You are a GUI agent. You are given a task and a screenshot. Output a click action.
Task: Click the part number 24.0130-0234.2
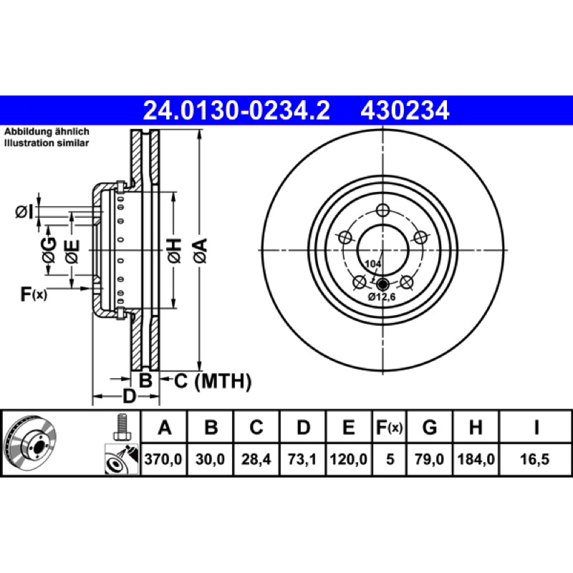click(236, 111)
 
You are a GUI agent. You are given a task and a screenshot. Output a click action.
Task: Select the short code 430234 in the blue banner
click(405, 111)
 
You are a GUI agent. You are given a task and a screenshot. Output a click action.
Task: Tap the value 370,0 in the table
click(163, 459)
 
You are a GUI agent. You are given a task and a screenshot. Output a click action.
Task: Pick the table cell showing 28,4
click(256, 459)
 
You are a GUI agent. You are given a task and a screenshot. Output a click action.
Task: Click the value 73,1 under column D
click(302, 459)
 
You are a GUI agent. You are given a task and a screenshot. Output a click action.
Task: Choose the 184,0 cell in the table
click(476, 459)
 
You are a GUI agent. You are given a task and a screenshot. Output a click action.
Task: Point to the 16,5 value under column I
click(534, 459)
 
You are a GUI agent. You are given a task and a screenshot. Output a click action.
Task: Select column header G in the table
click(429, 427)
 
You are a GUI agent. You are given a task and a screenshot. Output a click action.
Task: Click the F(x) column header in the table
click(389, 427)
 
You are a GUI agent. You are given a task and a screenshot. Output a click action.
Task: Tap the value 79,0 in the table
click(429, 459)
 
